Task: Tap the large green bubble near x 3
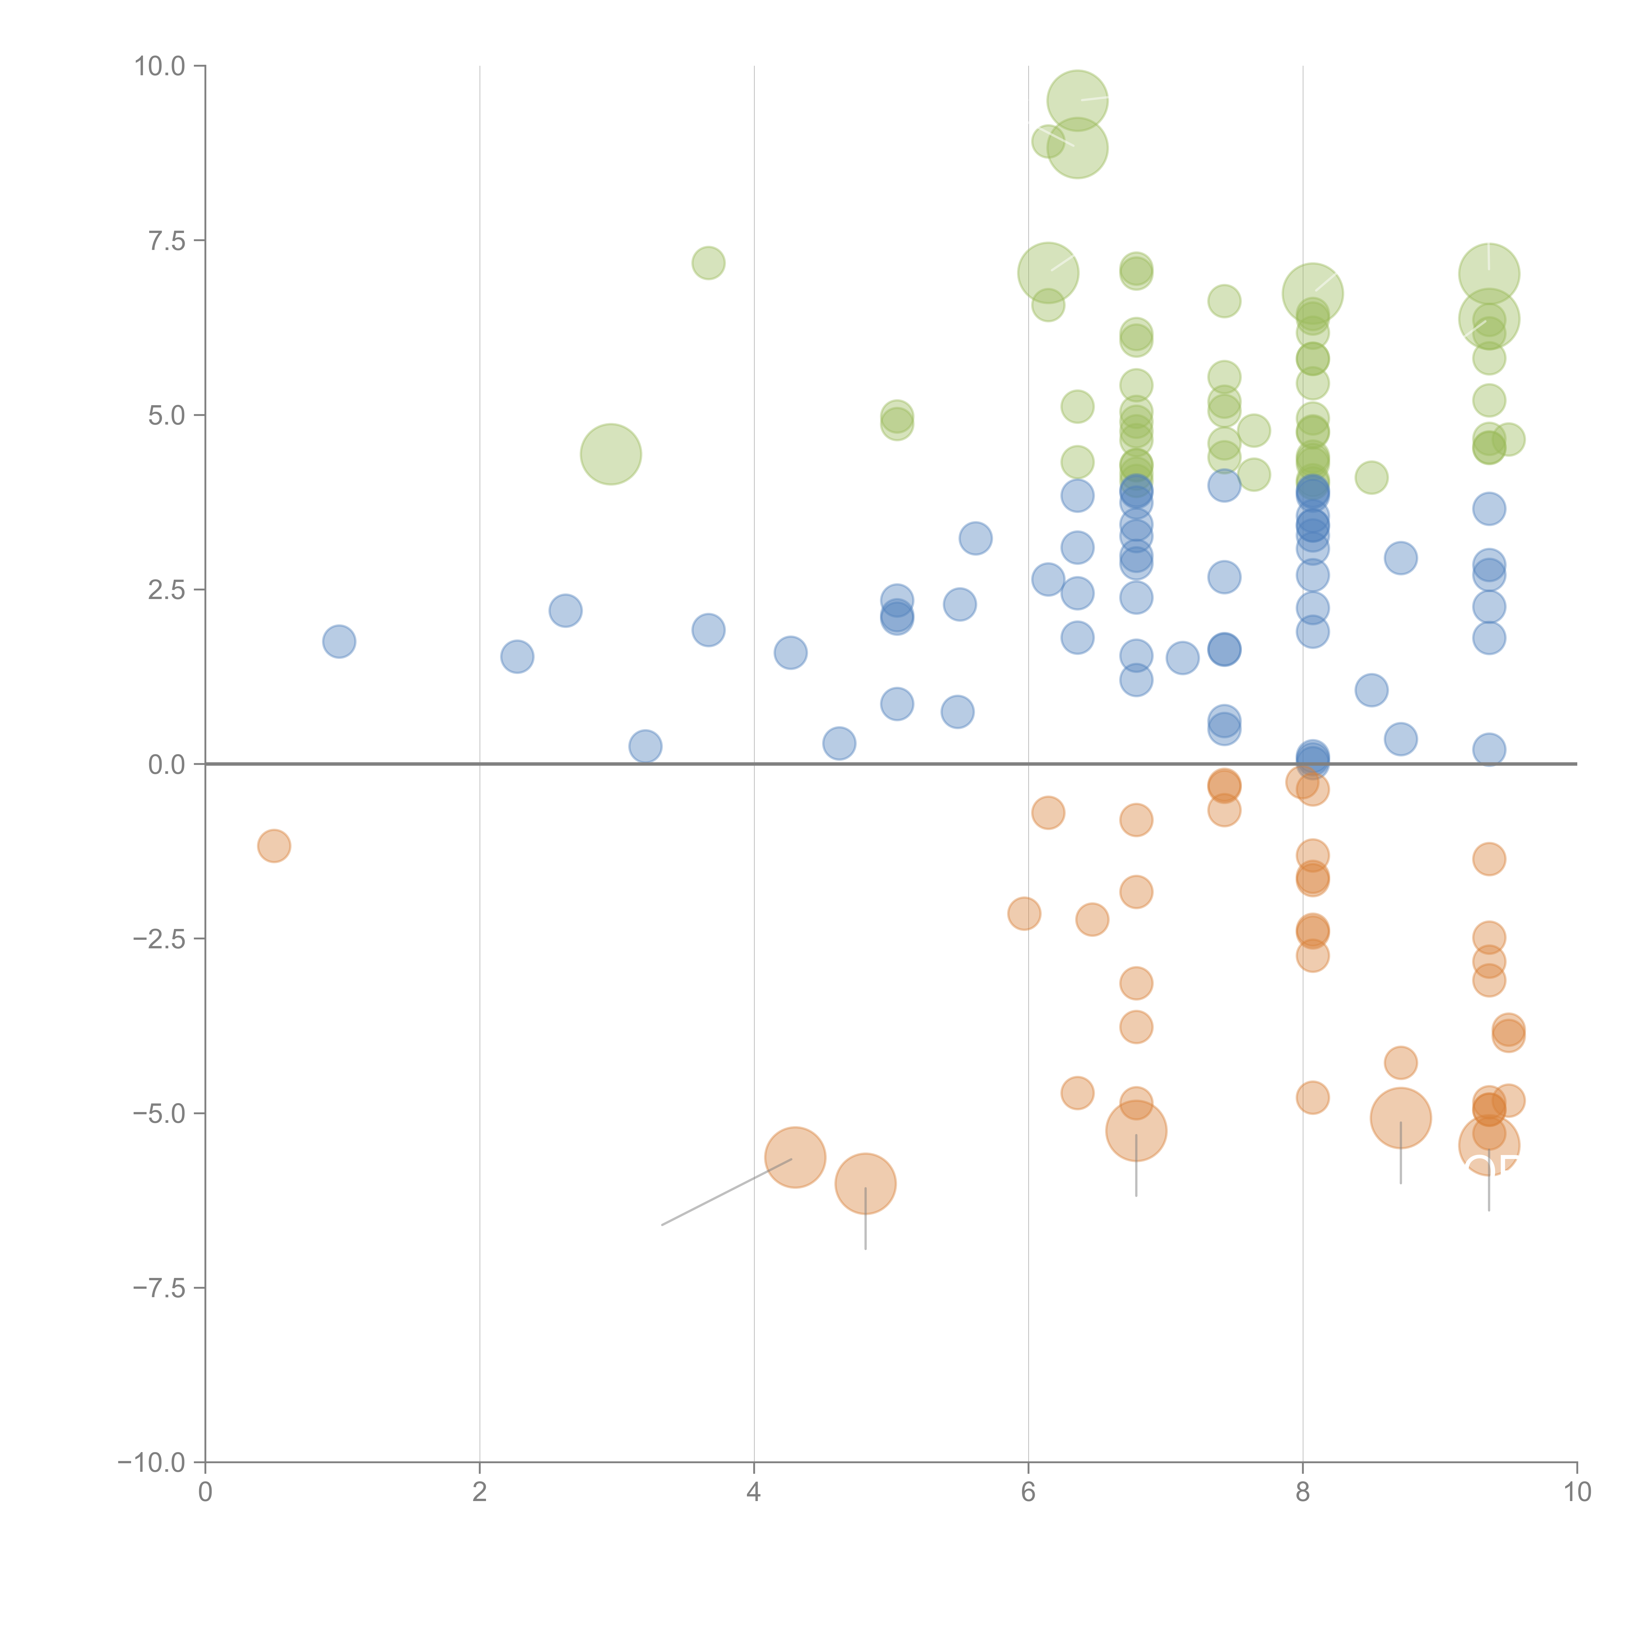[611, 454]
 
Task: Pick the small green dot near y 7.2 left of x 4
[708, 263]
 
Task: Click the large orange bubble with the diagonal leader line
[795, 1157]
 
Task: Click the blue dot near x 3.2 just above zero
[645, 747]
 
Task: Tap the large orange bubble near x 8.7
[1400, 1118]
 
